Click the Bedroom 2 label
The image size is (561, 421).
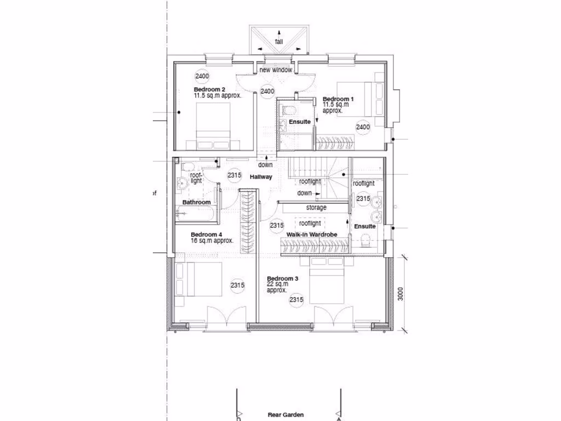coord(209,89)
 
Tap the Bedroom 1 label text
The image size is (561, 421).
coord(338,99)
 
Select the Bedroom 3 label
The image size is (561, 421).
coord(282,279)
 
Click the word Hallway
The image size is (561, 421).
coord(261,177)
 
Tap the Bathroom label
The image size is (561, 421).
coord(196,202)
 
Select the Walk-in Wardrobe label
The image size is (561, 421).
coord(311,234)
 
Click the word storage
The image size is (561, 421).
coord(316,208)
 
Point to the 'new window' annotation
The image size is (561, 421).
coord(276,70)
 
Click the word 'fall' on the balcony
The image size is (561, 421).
coord(279,42)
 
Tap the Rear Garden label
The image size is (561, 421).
coord(286,415)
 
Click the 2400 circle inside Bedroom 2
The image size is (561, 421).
coord(202,76)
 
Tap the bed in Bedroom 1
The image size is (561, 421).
coord(354,99)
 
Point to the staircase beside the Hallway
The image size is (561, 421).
coord(318,175)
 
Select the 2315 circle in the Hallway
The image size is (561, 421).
coord(234,175)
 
